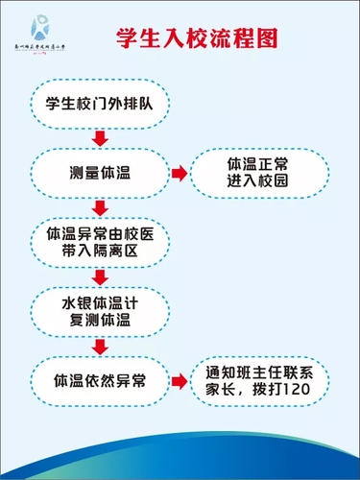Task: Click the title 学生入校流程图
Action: coord(197,38)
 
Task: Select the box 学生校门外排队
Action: coord(99,102)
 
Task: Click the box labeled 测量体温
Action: coord(99,173)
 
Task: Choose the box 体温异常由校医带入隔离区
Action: coord(99,243)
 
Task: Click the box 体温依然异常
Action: coord(99,380)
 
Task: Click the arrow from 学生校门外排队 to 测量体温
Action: coord(99,137)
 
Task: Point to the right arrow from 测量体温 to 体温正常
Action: coord(179,173)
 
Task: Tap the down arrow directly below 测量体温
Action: coord(99,207)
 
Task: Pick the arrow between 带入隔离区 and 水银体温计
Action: coord(99,276)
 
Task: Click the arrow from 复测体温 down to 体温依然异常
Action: coord(99,345)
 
